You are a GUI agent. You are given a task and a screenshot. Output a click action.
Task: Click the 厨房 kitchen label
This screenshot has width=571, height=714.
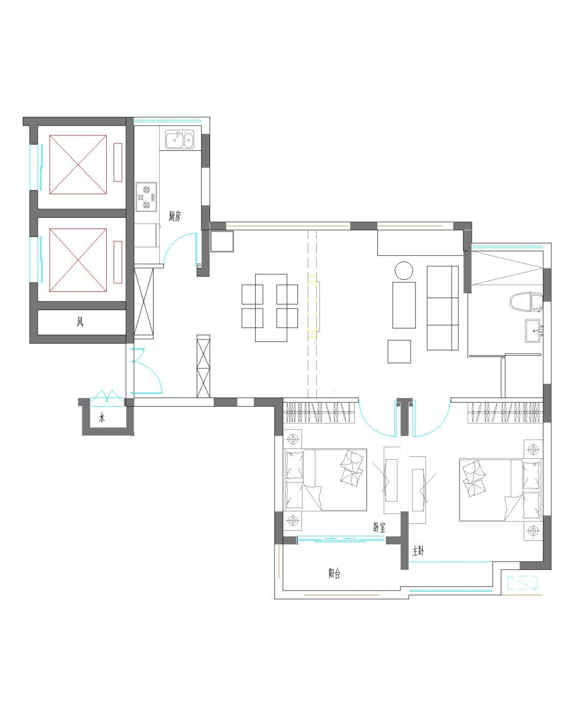pyautogui.click(x=175, y=216)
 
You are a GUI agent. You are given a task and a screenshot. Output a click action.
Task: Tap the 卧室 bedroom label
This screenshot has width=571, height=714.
pyautogui.click(x=379, y=527)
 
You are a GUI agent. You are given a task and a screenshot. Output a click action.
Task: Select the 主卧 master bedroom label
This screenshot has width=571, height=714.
pyautogui.click(x=418, y=551)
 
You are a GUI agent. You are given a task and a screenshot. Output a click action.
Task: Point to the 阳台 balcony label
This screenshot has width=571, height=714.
pyautogui.click(x=334, y=573)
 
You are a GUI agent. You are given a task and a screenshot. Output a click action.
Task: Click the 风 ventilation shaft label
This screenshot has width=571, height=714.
pyautogui.click(x=80, y=321)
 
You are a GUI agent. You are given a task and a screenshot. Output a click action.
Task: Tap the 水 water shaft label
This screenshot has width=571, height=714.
pyautogui.click(x=102, y=418)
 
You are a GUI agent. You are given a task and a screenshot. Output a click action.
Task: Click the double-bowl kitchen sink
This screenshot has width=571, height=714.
pyautogui.click(x=179, y=140)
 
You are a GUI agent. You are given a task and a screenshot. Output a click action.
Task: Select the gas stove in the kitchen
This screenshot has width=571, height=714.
pyautogui.click(x=146, y=196)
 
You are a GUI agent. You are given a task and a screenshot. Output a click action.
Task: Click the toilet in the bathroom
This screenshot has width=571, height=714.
pyautogui.click(x=526, y=302)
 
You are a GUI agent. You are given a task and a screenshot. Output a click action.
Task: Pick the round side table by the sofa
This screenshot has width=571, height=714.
pyautogui.click(x=404, y=270)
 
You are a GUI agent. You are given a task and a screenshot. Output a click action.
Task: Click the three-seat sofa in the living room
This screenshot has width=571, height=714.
pyautogui.click(x=443, y=307)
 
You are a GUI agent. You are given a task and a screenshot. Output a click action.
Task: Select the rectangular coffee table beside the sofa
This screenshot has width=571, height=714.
pyautogui.click(x=404, y=305)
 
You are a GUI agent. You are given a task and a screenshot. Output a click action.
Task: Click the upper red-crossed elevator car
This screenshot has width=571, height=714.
pyautogui.click(x=78, y=165)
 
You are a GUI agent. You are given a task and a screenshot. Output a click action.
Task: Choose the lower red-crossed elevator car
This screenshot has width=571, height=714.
pyautogui.click(x=78, y=260)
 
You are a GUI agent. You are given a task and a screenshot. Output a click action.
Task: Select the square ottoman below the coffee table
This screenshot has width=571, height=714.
pyautogui.click(x=399, y=351)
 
